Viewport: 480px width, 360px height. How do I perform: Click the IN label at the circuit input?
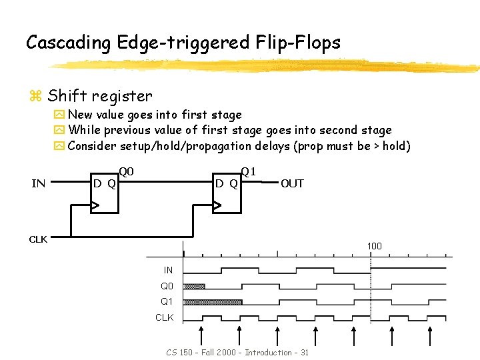click(x=38, y=183)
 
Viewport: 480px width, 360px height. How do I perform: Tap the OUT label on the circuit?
click(x=292, y=183)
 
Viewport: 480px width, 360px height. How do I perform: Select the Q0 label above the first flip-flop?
click(x=127, y=172)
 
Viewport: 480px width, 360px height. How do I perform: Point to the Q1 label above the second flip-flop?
click(x=249, y=172)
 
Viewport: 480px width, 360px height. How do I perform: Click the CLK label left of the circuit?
click(x=38, y=239)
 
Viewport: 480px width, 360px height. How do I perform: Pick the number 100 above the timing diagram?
click(x=374, y=247)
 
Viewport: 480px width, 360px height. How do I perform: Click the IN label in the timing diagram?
click(x=168, y=270)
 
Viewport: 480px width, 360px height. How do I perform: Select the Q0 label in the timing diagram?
click(x=167, y=286)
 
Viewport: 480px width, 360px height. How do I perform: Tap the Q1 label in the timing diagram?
click(x=167, y=302)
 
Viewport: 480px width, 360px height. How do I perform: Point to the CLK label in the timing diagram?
click(x=165, y=317)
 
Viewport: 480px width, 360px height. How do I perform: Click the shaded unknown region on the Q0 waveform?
click(x=194, y=286)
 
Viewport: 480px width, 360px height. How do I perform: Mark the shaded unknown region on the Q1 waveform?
click(x=213, y=302)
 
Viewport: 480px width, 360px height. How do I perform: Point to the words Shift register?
click(x=100, y=97)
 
